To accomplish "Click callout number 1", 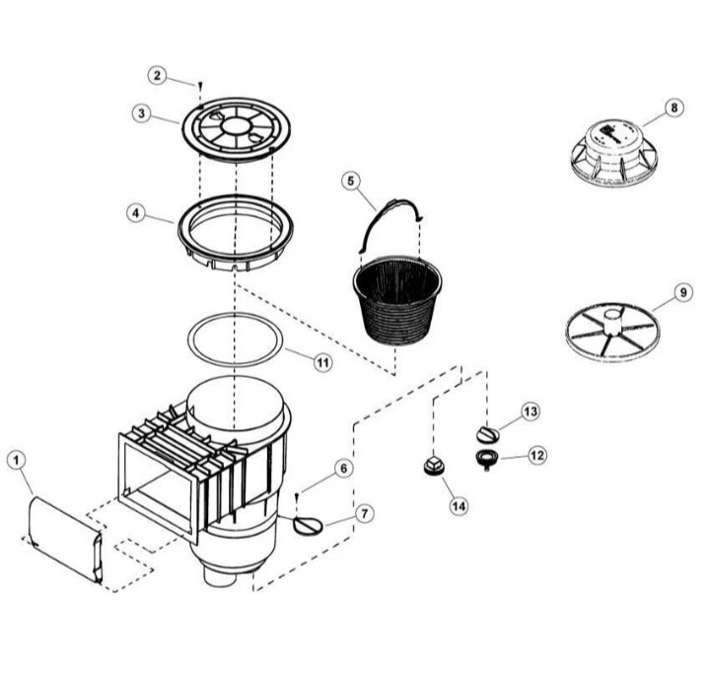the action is pos(17,461).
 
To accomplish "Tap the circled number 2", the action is pos(157,75).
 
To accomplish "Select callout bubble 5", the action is pos(351,182).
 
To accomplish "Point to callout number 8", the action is pos(674,108).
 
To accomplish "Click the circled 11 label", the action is pos(322,362).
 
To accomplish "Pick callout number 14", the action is pos(459,505).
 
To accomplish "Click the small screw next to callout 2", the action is pos(199,85).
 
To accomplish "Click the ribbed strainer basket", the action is pos(397,300).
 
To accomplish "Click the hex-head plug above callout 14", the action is pos(433,466).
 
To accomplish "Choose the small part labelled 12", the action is pos(487,459).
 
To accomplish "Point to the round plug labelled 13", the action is pos(487,434).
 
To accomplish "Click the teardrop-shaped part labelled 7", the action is pos(308,526).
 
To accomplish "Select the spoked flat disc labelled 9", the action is pos(612,334).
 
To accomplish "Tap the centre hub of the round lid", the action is pos(236,125).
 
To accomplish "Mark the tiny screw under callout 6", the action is pos(297,496).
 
